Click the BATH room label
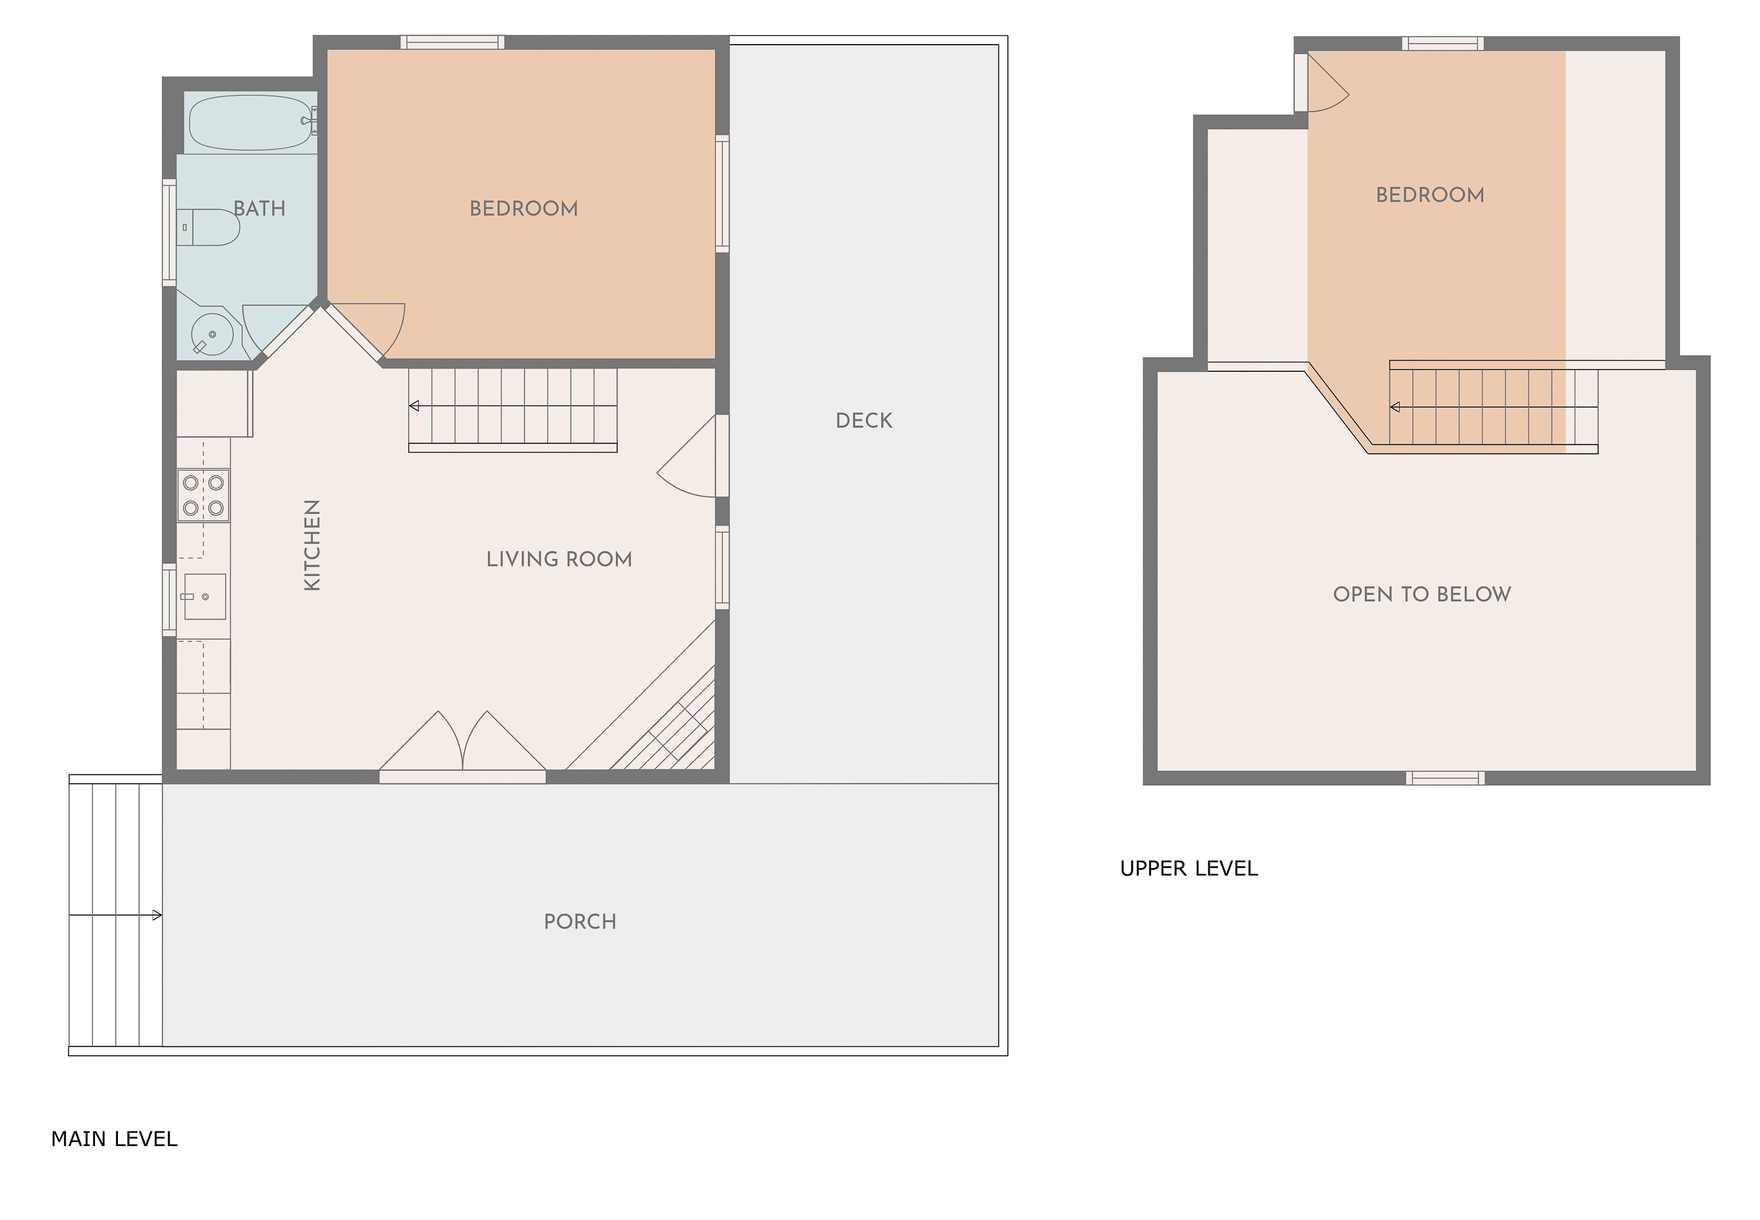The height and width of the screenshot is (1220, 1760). click(259, 209)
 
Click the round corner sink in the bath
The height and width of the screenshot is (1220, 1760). click(212, 334)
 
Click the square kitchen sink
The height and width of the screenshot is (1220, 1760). click(204, 597)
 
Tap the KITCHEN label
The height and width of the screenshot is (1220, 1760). click(312, 545)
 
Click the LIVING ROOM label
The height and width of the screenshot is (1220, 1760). click(559, 560)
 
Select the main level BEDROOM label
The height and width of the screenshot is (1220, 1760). click(524, 209)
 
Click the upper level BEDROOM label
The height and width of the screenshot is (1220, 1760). click(1430, 195)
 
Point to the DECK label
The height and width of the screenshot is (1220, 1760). click(864, 421)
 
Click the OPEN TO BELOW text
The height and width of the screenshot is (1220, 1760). click(1422, 595)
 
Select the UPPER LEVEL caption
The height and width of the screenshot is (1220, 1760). click(1189, 869)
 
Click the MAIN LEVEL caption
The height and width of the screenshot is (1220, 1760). click(114, 1140)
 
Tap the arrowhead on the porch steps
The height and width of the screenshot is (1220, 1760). click(157, 915)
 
